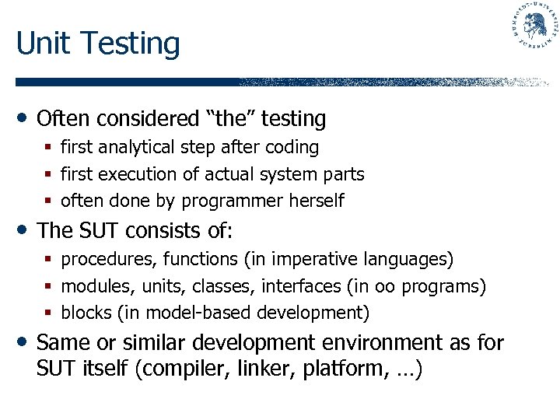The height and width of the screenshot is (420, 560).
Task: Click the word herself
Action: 317,201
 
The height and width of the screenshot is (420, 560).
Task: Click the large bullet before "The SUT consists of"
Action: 24,231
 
